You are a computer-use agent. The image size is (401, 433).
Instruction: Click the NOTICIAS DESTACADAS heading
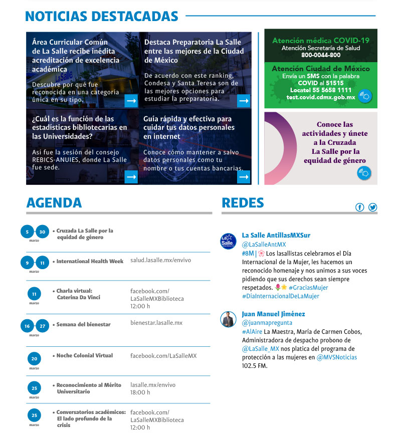click(101, 17)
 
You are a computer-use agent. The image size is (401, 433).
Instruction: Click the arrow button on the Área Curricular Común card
click(131, 101)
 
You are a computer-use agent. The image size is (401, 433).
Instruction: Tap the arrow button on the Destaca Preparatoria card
click(244, 101)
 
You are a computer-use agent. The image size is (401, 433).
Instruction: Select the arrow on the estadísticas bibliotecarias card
click(131, 177)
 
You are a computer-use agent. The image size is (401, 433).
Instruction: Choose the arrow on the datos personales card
click(244, 177)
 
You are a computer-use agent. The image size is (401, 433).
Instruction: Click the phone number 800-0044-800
click(321, 55)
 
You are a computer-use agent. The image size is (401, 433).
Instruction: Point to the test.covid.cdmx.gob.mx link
click(321, 97)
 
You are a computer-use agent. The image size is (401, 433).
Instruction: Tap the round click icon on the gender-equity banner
click(364, 173)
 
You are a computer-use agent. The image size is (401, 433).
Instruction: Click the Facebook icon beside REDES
click(359, 207)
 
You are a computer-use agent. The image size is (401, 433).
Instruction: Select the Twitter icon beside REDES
click(372, 207)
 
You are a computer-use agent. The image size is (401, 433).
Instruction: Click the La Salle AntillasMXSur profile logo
click(228, 241)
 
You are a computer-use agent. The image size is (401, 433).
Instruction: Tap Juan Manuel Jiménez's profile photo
click(228, 319)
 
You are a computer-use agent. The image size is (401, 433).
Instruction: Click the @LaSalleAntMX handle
click(264, 245)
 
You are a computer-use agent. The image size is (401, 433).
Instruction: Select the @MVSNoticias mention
click(336, 357)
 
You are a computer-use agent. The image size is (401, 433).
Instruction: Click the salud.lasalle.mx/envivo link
click(160, 261)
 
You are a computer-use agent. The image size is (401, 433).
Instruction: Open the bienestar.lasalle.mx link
click(156, 323)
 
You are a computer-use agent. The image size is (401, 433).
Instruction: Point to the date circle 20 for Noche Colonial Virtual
click(34, 359)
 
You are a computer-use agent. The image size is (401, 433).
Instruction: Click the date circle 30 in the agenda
click(43, 232)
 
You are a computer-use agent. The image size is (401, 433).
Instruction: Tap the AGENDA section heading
click(54, 202)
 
